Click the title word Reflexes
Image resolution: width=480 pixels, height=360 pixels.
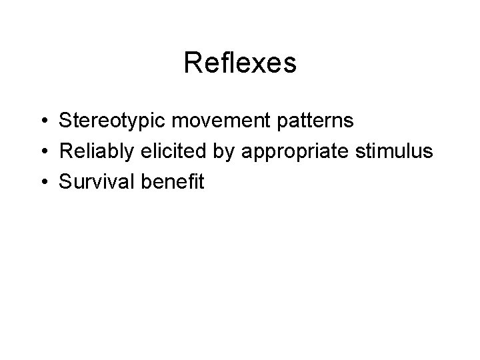pyautogui.click(x=239, y=63)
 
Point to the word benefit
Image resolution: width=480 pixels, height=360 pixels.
pyautogui.click(x=173, y=181)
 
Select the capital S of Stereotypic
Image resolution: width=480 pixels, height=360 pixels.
pyautogui.click(x=65, y=122)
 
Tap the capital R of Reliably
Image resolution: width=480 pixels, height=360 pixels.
pyautogui.click(x=65, y=151)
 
